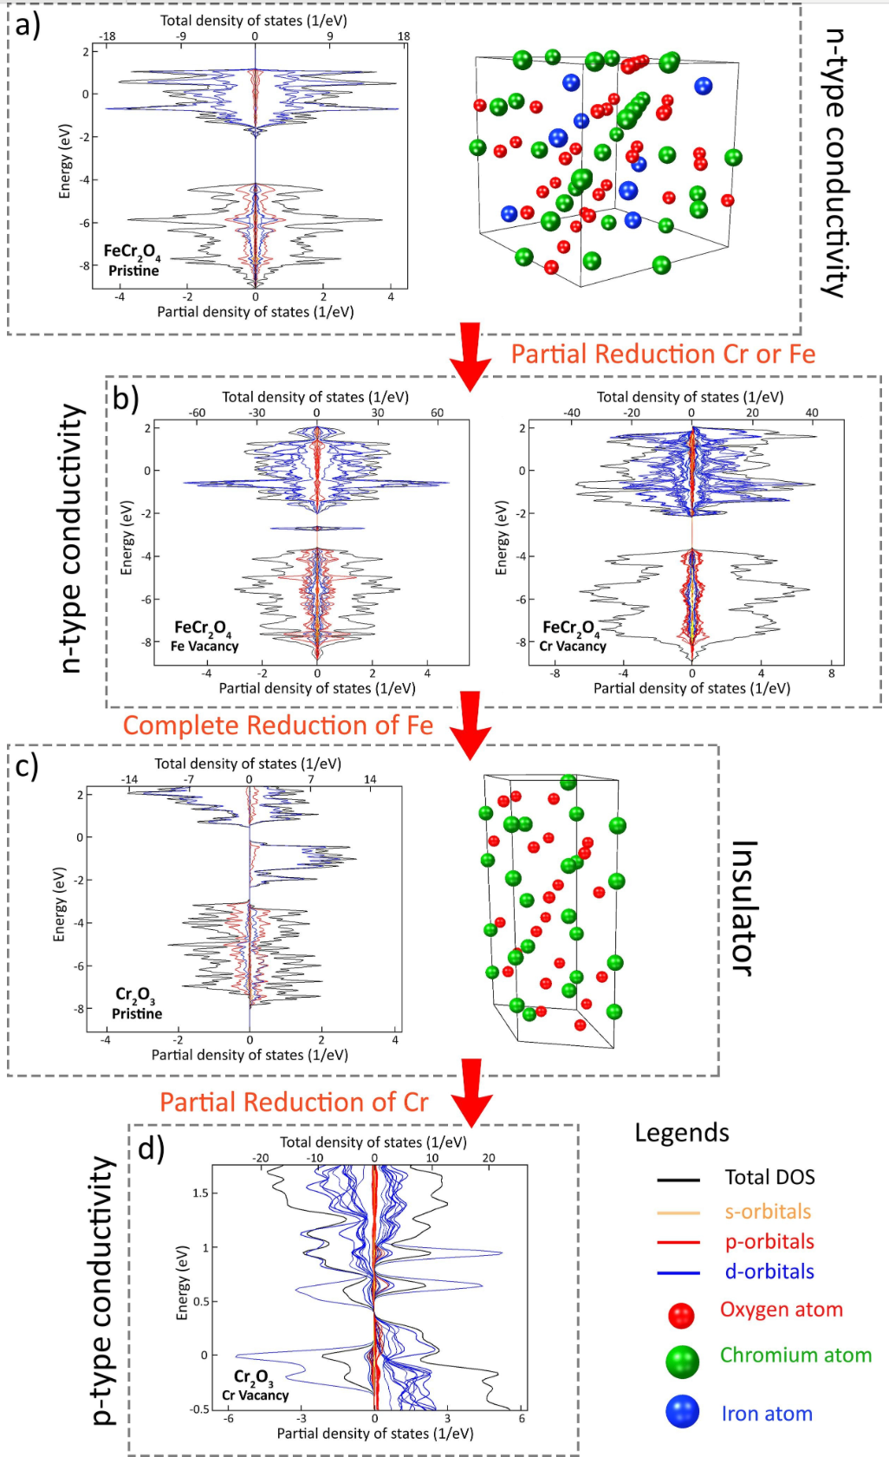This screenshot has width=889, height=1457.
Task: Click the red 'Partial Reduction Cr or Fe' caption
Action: click(663, 354)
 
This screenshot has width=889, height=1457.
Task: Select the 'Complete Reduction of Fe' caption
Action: click(277, 725)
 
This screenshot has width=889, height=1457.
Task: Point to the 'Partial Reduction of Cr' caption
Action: click(294, 1103)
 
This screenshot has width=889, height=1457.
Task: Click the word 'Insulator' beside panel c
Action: click(744, 907)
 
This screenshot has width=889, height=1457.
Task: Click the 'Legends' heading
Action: click(682, 1133)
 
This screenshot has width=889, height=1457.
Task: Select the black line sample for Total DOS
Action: click(678, 1180)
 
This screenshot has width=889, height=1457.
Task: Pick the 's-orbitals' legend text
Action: click(768, 1212)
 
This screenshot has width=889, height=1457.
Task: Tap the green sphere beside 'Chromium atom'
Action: click(682, 1362)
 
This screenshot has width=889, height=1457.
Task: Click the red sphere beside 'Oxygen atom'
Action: click(681, 1315)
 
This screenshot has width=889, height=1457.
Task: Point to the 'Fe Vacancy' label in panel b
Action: click(204, 647)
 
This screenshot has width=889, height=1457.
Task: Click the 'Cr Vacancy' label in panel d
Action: click(255, 1395)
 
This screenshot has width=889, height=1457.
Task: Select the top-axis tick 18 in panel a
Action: click(404, 36)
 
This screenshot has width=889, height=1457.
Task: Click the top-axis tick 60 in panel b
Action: click(437, 413)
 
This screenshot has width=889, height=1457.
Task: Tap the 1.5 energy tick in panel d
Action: click(199, 1194)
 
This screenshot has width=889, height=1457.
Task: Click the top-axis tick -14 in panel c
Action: click(129, 779)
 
